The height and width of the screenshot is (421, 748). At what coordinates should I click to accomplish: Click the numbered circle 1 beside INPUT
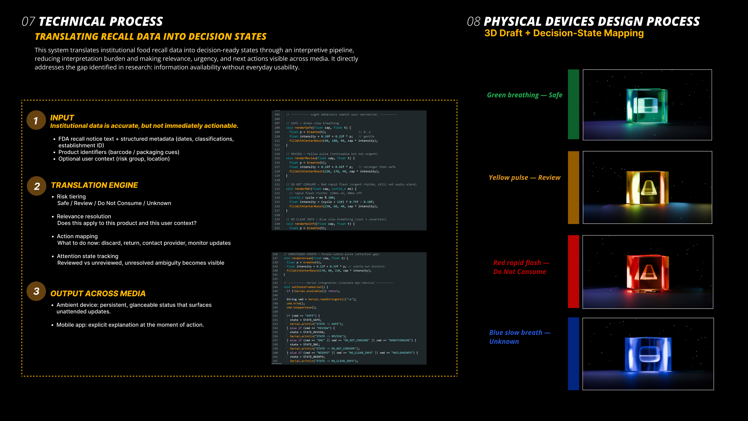[x=36, y=120]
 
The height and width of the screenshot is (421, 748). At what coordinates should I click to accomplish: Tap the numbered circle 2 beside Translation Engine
[x=37, y=186]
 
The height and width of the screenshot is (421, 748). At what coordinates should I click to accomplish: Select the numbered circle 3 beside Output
[x=36, y=291]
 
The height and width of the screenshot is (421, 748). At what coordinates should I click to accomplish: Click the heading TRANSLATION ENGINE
[x=94, y=185]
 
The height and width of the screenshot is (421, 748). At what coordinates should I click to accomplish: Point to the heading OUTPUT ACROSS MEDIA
[x=98, y=293]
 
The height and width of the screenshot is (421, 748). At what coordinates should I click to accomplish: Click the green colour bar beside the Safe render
[x=573, y=104]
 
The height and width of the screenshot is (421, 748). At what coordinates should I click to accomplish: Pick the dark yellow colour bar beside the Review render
[x=573, y=187]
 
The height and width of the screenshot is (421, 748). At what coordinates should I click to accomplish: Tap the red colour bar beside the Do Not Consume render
[x=573, y=272]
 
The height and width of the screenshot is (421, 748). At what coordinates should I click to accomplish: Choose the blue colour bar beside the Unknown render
[x=573, y=354]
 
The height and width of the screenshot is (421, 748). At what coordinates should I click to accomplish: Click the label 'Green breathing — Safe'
[x=524, y=95]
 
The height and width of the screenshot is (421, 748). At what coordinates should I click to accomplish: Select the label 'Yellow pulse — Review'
[x=524, y=178]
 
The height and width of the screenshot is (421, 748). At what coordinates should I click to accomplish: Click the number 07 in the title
[x=28, y=22]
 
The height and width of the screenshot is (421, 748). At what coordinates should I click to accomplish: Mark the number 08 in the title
[x=473, y=22]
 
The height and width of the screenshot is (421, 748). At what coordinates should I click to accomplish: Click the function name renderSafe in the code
[x=304, y=128]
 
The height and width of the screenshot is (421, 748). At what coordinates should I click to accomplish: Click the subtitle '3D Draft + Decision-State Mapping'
[x=564, y=33]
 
